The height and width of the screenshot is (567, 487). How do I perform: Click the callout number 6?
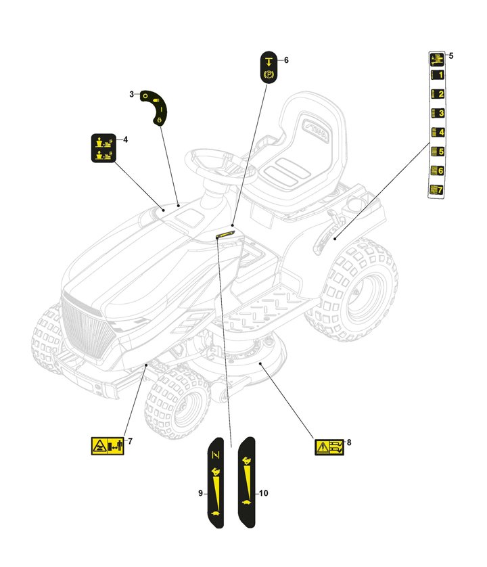click(x=286, y=60)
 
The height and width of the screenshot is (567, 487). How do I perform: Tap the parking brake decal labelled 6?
click(x=269, y=66)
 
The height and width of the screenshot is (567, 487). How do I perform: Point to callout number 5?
click(x=450, y=55)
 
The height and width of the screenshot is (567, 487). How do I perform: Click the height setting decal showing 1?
click(x=438, y=75)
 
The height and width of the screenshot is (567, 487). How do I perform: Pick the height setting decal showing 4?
click(x=438, y=133)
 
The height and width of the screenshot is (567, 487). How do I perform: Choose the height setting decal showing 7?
click(x=438, y=191)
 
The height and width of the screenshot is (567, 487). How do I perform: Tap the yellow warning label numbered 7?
click(x=107, y=446)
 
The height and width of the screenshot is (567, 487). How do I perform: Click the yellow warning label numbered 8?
click(x=329, y=447)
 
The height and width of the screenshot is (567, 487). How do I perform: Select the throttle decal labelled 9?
click(x=216, y=482)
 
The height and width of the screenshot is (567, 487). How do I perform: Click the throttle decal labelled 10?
click(x=247, y=482)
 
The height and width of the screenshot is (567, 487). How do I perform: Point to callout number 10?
click(x=264, y=493)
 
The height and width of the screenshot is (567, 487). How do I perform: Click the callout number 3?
click(x=131, y=94)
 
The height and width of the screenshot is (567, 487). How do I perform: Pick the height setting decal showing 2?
click(x=438, y=95)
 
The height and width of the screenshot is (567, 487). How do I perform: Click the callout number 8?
click(x=349, y=443)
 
